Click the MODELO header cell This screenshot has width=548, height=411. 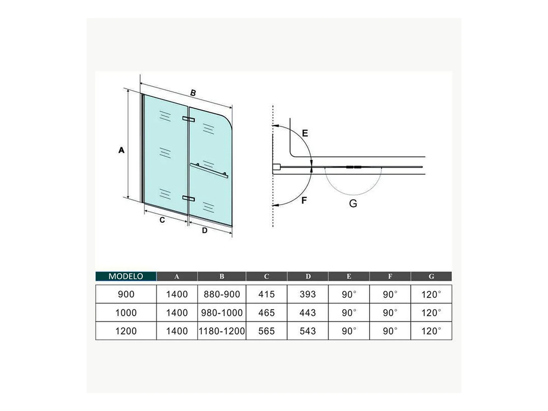(x=126, y=276)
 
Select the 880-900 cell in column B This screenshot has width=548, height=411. (x=222, y=294)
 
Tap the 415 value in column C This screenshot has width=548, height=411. (x=266, y=294)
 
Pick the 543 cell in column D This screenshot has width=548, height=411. (x=308, y=331)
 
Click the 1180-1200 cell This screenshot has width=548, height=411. (x=222, y=331)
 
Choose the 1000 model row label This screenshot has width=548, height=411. (x=126, y=313)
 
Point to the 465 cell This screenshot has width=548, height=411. (x=266, y=313)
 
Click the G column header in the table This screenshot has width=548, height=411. (x=431, y=276)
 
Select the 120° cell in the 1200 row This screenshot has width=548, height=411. (x=431, y=331)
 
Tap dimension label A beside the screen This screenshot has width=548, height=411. (x=121, y=150)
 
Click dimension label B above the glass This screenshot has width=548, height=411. (x=193, y=93)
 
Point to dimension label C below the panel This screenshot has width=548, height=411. (x=162, y=220)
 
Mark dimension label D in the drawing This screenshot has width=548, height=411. (x=205, y=230)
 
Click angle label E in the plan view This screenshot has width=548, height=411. (x=305, y=133)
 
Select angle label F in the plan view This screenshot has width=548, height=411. (x=304, y=201)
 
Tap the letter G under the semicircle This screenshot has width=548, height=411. (x=353, y=203)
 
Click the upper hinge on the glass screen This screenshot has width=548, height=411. (x=189, y=119)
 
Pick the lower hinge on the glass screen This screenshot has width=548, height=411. (x=189, y=198)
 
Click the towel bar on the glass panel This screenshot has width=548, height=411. (x=209, y=170)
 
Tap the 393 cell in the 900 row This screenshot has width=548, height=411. (x=308, y=294)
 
